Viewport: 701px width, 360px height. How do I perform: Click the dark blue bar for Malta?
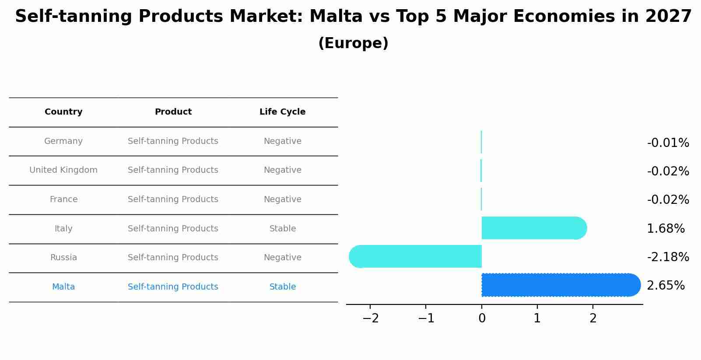[x=560, y=285]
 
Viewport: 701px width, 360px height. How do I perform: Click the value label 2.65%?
[x=666, y=286]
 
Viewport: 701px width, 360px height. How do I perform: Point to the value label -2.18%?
[x=668, y=257]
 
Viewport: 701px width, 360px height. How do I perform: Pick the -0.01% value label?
[x=668, y=143]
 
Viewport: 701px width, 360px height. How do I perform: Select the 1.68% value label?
[x=666, y=229]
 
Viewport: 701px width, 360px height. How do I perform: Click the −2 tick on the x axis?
[x=371, y=318]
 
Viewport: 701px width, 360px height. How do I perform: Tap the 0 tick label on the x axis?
[x=482, y=318]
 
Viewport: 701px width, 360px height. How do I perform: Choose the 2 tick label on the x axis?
[x=593, y=318]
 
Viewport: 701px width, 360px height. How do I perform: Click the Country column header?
[x=63, y=112]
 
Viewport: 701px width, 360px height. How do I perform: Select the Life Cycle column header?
[x=282, y=112]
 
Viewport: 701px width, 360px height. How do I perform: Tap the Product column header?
[x=173, y=112]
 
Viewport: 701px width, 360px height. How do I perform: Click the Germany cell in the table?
[x=63, y=141]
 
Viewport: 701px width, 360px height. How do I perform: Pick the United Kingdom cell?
[x=63, y=170]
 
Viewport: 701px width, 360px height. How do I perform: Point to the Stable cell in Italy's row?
[x=282, y=229]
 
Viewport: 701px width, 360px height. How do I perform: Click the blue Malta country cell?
[x=63, y=287]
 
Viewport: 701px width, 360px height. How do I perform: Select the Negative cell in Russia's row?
[x=282, y=258]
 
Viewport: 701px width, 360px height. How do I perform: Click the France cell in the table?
[x=63, y=199]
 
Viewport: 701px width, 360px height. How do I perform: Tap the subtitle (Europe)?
[x=353, y=43]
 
